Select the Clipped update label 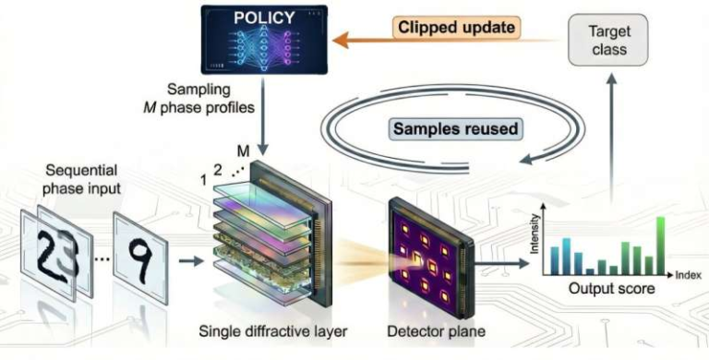[x=455, y=27]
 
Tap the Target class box [x=610, y=41]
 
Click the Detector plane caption [x=430, y=329]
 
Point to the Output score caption [x=610, y=289]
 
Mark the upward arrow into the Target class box [x=610, y=138]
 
